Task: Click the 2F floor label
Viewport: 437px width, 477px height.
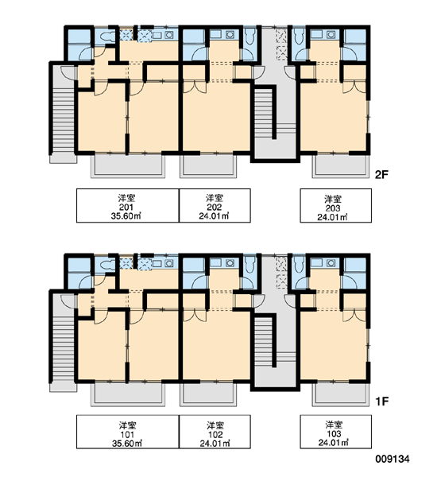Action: [x=381, y=175]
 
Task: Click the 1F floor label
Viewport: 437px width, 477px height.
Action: [x=382, y=401]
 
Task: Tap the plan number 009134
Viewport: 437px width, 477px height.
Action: [x=393, y=459]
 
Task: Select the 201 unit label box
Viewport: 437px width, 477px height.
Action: [x=128, y=206]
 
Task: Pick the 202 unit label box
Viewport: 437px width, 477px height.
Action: [x=215, y=206]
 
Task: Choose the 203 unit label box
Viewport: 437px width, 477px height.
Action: [x=336, y=206]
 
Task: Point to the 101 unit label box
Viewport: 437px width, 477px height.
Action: [x=128, y=432]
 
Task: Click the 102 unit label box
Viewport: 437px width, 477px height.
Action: [x=215, y=432]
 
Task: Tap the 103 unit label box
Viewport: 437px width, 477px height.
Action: [x=336, y=432]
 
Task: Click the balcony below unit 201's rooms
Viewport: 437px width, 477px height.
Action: [x=128, y=166]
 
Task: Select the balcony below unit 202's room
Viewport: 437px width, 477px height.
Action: [x=208, y=166]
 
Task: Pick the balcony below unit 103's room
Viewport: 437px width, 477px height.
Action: [x=341, y=394]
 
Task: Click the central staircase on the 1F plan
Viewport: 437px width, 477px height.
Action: [x=263, y=341]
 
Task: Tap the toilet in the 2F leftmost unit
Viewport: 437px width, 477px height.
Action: [x=106, y=37]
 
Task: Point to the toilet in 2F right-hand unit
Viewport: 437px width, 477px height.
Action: [x=299, y=37]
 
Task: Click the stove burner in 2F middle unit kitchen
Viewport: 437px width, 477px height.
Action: [x=230, y=34]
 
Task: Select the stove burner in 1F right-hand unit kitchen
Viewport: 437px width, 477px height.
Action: [x=331, y=263]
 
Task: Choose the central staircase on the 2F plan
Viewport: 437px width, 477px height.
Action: [x=263, y=113]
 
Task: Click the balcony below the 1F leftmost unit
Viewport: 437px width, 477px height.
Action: [x=128, y=394]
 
